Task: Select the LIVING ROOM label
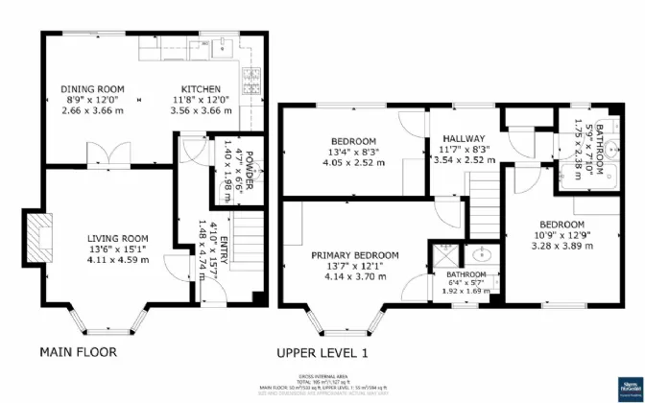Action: tap(118, 239)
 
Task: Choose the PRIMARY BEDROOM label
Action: tap(354, 254)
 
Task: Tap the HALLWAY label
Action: tap(463, 139)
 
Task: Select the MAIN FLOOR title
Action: tap(78, 352)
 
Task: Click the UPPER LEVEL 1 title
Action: tap(322, 352)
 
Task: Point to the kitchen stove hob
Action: tap(253, 77)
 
